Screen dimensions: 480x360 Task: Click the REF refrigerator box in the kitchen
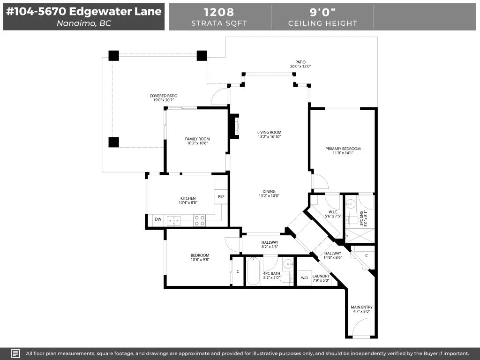coord(221,196)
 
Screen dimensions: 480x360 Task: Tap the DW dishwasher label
coord(158,219)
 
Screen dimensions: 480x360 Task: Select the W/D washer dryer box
coord(304,278)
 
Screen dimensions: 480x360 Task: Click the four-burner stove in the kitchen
coord(200,220)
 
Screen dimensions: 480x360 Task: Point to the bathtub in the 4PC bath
coord(253,271)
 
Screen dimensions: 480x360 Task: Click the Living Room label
coord(270,133)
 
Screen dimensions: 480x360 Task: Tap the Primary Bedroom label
coord(343,149)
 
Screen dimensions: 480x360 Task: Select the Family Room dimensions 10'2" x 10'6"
coord(197,143)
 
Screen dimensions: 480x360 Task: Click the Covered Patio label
coord(164,96)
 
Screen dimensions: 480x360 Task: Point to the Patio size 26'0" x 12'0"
coord(300,66)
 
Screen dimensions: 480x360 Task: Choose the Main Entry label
coord(362,307)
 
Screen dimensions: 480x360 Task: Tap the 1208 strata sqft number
coord(219,12)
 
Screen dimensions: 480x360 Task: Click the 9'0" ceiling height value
coord(322,12)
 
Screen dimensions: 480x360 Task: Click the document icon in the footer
coord(15,353)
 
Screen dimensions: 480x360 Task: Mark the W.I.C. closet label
coord(333,212)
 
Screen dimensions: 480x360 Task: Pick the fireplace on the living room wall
coord(234,126)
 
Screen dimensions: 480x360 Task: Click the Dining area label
coord(269,192)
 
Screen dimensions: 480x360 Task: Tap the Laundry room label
coord(321,276)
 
